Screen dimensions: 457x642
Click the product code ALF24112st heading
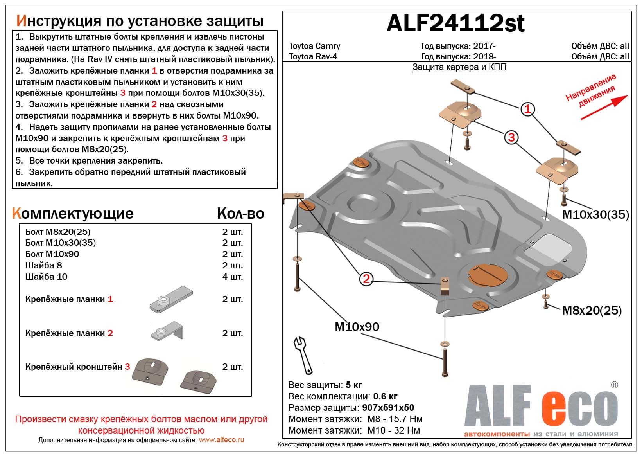pos(455,23)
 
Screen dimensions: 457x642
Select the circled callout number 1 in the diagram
pos(527,109)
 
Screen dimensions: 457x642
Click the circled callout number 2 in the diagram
pos(366,279)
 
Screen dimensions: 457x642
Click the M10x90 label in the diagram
pos(357,327)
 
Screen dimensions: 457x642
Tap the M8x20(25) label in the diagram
pos(592,311)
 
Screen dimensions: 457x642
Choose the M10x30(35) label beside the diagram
pos(595,214)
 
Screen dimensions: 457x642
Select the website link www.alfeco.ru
pos(221,440)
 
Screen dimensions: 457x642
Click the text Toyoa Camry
pos(314,46)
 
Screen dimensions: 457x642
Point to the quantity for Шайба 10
pos(232,277)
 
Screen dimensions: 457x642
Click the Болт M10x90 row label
pos(52,254)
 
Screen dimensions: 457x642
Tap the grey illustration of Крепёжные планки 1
pos(171,299)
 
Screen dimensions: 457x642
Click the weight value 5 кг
pos(354,385)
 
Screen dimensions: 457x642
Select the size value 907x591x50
pos(388,408)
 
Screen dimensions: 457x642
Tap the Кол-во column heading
pos(240,214)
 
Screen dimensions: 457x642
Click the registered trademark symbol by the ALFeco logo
pos(614,385)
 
